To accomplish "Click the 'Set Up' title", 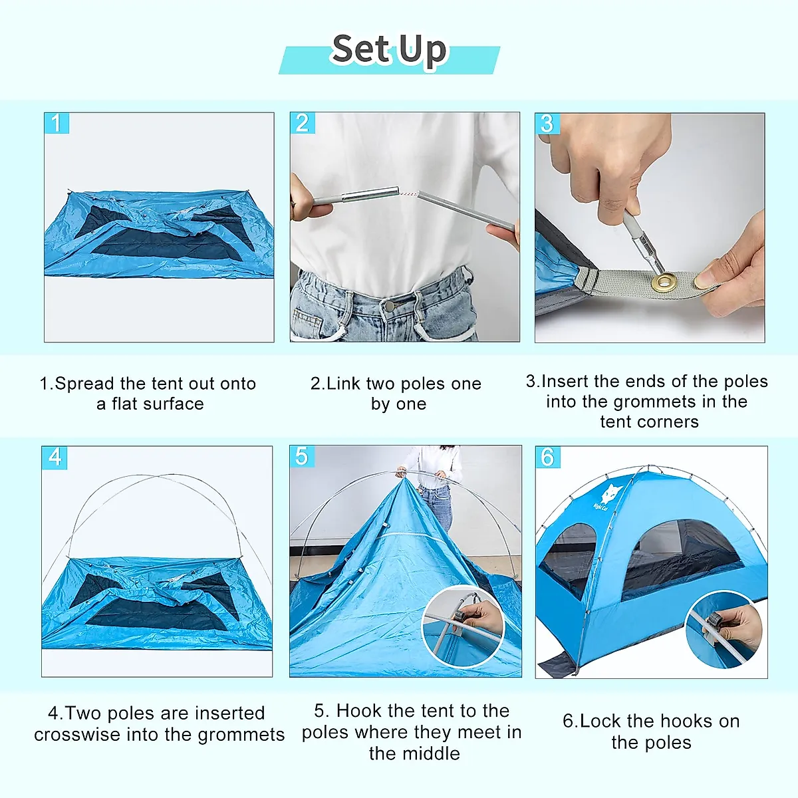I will pos(389,51).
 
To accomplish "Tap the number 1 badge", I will pos(57,123).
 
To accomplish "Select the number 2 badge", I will pos(302,123).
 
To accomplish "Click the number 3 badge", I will pos(547,124).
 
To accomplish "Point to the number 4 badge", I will pos(55,458).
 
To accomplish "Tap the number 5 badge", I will pos(302,457).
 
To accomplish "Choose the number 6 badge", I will pos(548,458).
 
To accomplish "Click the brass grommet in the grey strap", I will pos(662,283).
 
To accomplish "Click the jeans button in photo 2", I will pos(388,307).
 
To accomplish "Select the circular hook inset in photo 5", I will pos(464,625).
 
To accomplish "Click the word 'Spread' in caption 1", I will pos(84,384).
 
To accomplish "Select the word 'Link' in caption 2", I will pos(344,384).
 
